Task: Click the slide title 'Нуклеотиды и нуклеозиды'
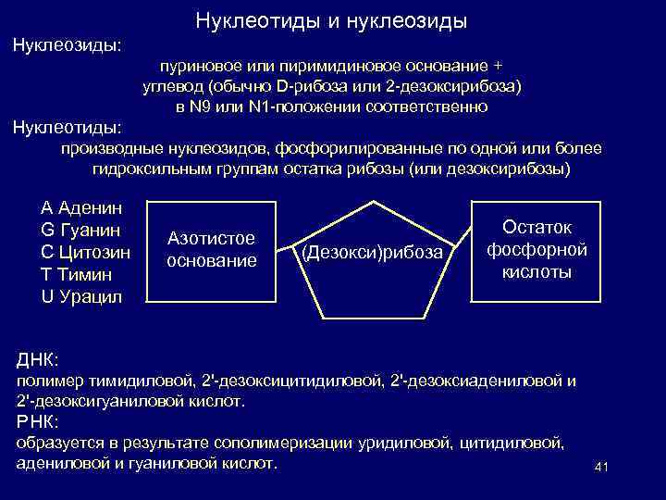pyautogui.click(x=331, y=19)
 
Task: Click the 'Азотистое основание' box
pyautogui.click(x=211, y=250)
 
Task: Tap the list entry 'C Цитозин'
pyautogui.click(x=86, y=251)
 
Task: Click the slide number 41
pyautogui.click(x=599, y=467)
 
